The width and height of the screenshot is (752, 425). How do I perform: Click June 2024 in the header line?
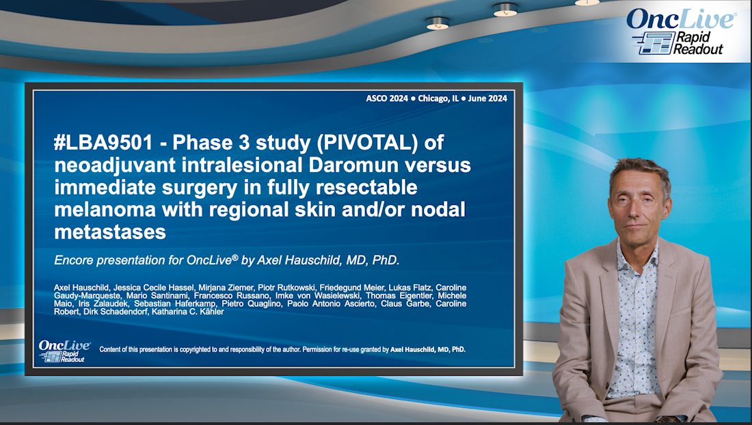pos(487,98)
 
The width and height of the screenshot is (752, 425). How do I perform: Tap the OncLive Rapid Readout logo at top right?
pos(681,31)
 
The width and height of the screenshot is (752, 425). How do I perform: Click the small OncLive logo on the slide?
pos(62,351)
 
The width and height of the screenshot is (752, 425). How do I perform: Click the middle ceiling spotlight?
pos(505,10)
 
